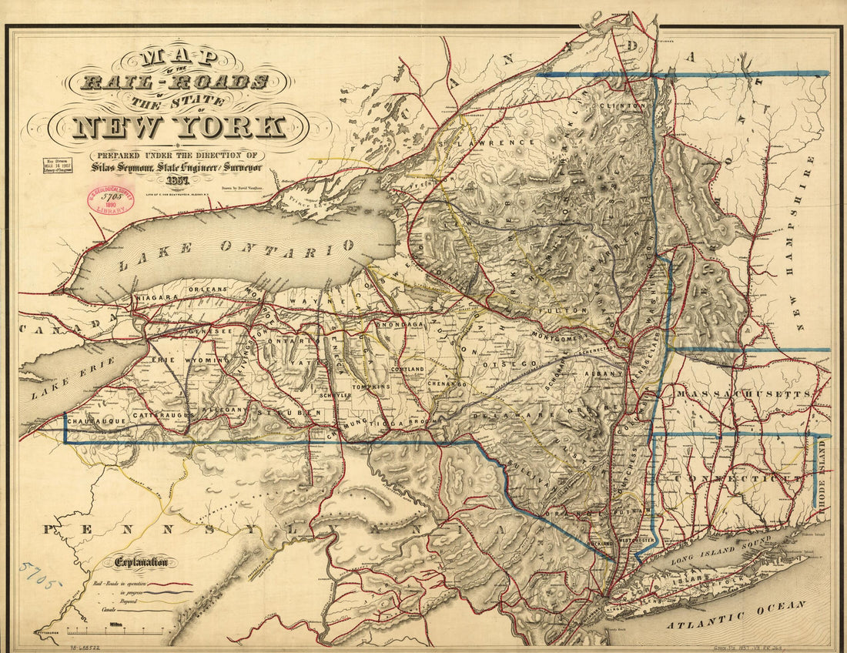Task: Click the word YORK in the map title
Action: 231,126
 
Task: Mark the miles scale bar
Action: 115,631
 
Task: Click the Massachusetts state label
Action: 743,394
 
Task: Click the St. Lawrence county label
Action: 485,142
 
